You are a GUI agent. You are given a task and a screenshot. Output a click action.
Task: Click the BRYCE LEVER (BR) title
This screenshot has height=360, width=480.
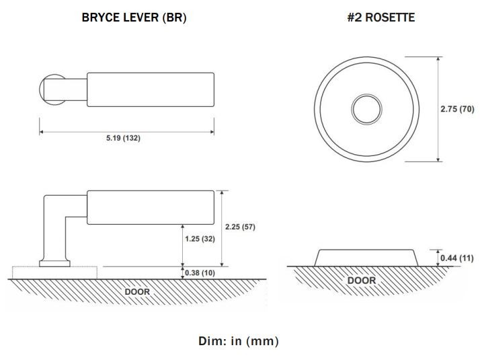point(134,17)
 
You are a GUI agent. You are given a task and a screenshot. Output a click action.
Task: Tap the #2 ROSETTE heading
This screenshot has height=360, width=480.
point(381,17)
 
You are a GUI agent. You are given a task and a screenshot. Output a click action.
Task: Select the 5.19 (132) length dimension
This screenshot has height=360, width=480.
point(123,138)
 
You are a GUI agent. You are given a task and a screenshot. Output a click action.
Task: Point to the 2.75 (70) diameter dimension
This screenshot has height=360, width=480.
point(457,109)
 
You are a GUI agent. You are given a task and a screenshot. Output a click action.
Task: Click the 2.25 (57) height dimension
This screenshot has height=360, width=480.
point(240,227)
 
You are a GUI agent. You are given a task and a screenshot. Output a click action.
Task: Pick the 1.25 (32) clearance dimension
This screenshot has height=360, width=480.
point(200,239)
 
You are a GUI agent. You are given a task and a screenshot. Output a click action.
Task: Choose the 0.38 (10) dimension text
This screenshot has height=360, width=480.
point(200,273)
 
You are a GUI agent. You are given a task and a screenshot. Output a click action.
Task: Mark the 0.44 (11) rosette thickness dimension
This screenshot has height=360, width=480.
point(456,258)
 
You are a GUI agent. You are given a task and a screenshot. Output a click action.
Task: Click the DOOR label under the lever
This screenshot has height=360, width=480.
point(137,291)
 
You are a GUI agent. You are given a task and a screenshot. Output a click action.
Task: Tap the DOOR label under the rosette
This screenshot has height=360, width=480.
point(362,281)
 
